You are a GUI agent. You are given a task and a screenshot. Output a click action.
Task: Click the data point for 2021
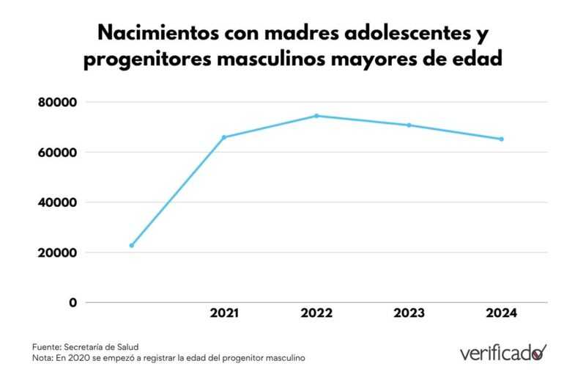pos(224,137)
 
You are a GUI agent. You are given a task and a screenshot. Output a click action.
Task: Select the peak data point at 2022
pos(316,116)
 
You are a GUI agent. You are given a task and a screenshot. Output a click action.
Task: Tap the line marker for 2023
pos(409,125)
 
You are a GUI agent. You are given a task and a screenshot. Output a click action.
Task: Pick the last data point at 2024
pos(501,139)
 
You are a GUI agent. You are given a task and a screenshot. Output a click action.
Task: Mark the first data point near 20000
pos(132,245)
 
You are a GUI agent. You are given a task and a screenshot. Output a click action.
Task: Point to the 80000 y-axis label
pos(57,103)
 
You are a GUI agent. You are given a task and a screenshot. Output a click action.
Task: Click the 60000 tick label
pos(57,153)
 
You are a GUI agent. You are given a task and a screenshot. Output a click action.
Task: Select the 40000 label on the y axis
pos(57,202)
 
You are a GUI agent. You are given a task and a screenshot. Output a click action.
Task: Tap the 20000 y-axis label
pos(57,252)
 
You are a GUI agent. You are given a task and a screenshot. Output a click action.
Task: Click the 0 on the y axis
pos(73,302)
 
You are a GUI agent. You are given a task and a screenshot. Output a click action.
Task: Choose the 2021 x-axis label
pos(224,313)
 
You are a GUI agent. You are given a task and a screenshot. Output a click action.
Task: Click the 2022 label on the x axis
pos(316,313)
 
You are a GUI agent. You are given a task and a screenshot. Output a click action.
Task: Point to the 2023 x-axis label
pos(409,313)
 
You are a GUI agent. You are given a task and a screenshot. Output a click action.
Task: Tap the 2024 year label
pos(501,313)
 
